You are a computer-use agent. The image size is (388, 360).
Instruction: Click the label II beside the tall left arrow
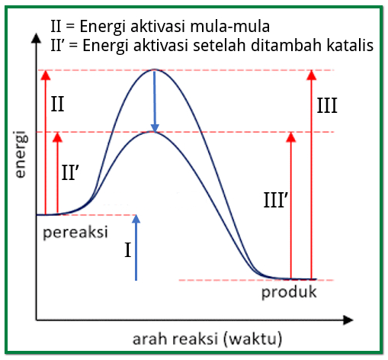pos(58,104)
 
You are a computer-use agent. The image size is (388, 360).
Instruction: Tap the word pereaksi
pos(75,231)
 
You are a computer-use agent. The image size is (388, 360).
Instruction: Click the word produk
pos(289,292)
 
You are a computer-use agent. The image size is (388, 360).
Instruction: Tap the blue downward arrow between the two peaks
pos(155,99)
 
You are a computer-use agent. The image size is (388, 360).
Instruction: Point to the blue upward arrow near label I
pos(136,247)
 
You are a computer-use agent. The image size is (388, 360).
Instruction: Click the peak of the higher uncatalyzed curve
pos(155,70)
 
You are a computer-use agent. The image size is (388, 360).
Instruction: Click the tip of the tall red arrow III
pos(310,72)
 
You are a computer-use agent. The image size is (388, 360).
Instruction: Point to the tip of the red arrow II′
pos(57,134)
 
